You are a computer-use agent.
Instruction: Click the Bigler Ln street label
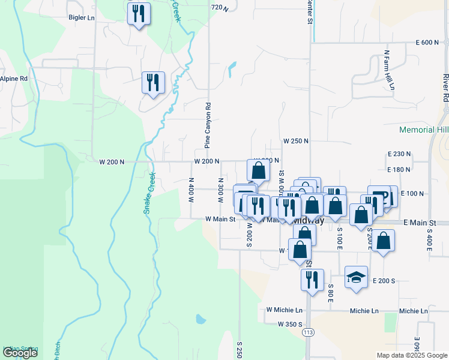(x=82, y=18)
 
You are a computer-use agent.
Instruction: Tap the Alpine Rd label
(x=14, y=79)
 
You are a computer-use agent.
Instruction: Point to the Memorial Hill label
(x=424, y=130)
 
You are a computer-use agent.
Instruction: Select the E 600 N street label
(x=427, y=43)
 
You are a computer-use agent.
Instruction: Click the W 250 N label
(x=296, y=141)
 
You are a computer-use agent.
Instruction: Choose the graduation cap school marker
(x=357, y=278)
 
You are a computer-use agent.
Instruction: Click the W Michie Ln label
(x=284, y=310)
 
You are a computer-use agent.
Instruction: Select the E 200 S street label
(x=384, y=281)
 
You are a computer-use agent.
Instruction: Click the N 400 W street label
(x=191, y=189)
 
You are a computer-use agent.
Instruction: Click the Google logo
(x=20, y=353)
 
